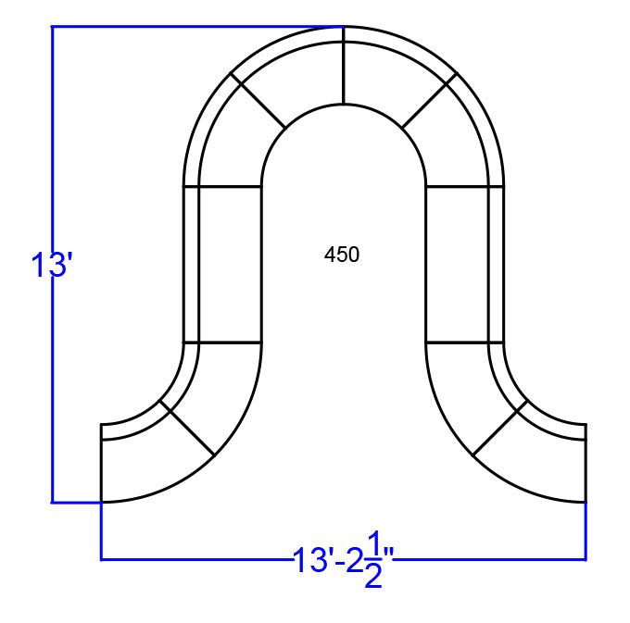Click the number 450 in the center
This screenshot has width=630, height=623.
[x=342, y=255]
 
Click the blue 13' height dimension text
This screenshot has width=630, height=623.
[x=52, y=265]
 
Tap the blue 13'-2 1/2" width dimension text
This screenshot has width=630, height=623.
[x=343, y=560]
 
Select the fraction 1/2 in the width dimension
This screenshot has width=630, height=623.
[x=373, y=560]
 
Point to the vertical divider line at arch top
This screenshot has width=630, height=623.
[x=344, y=66]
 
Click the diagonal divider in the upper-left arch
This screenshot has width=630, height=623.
[x=258, y=100]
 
